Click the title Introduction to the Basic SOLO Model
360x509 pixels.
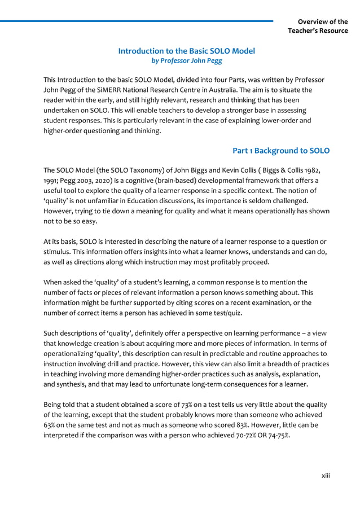pos(186,51)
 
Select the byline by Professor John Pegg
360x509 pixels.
pos(186,60)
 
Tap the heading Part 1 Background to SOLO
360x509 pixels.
pos(281,151)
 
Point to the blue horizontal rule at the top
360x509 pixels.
pos(135,21)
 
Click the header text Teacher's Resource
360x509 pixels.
pos(318,30)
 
